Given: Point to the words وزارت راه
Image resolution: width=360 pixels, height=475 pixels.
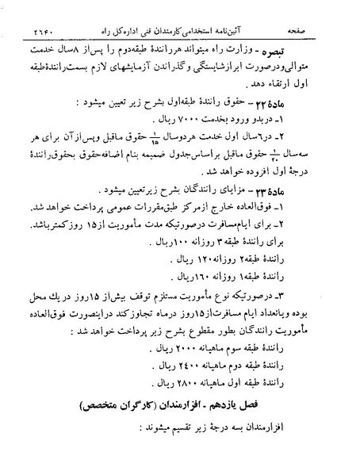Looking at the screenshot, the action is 276,36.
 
